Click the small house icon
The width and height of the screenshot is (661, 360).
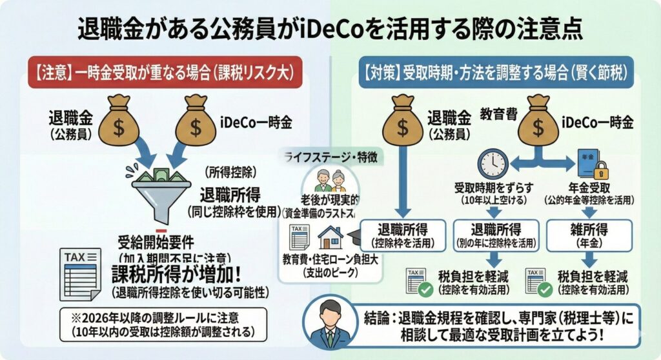point(330,237)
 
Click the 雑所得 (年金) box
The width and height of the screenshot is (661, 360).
point(588,235)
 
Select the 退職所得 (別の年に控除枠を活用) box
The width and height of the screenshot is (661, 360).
point(496,235)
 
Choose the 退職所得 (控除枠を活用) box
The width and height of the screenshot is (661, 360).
point(403,235)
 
